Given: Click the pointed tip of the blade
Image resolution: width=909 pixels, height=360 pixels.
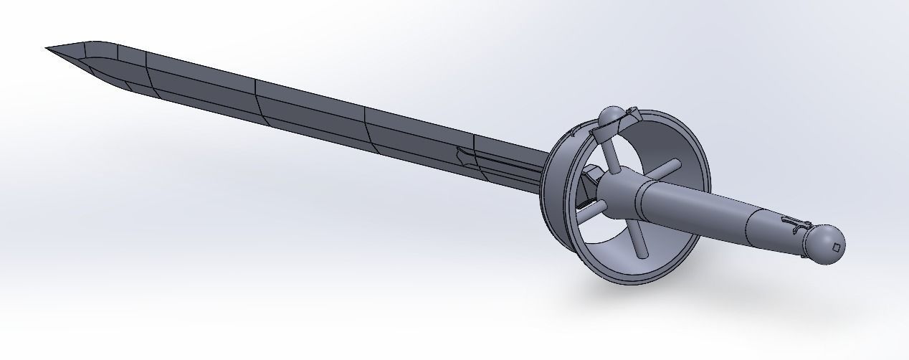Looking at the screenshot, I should (47, 49).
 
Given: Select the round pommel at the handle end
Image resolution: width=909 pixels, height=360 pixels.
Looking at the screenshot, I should (825, 244).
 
